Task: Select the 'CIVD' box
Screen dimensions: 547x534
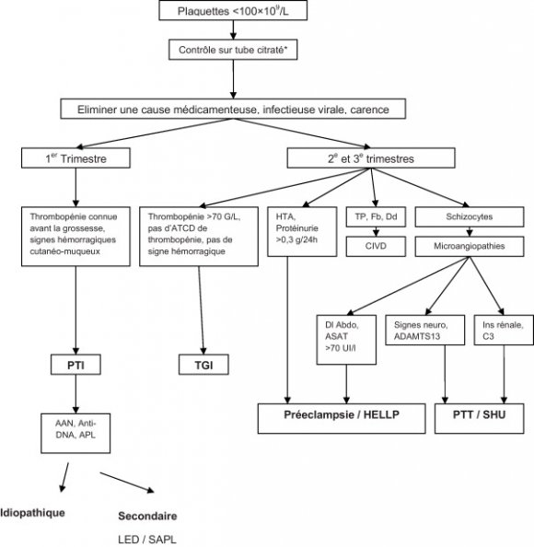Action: [374, 246]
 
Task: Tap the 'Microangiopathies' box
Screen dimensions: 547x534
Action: [457, 246]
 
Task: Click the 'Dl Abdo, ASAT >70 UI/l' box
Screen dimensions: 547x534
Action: [345, 337]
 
